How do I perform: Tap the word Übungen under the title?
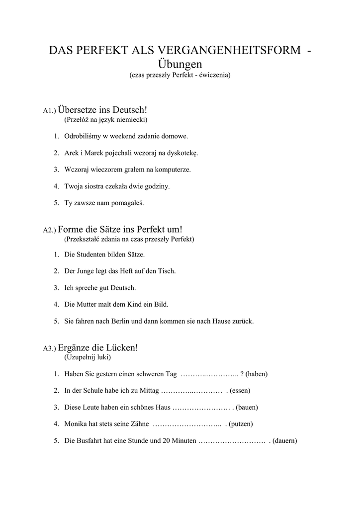(x=180, y=64)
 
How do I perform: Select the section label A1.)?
(x=50, y=110)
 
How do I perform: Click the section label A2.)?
(x=50, y=230)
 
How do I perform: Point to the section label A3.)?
(x=50, y=348)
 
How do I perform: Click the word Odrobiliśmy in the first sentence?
(x=83, y=136)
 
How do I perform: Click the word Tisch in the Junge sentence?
(x=167, y=271)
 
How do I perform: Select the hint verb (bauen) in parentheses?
(x=247, y=407)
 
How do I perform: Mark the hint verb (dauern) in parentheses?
(x=285, y=440)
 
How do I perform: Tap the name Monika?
(x=76, y=424)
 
